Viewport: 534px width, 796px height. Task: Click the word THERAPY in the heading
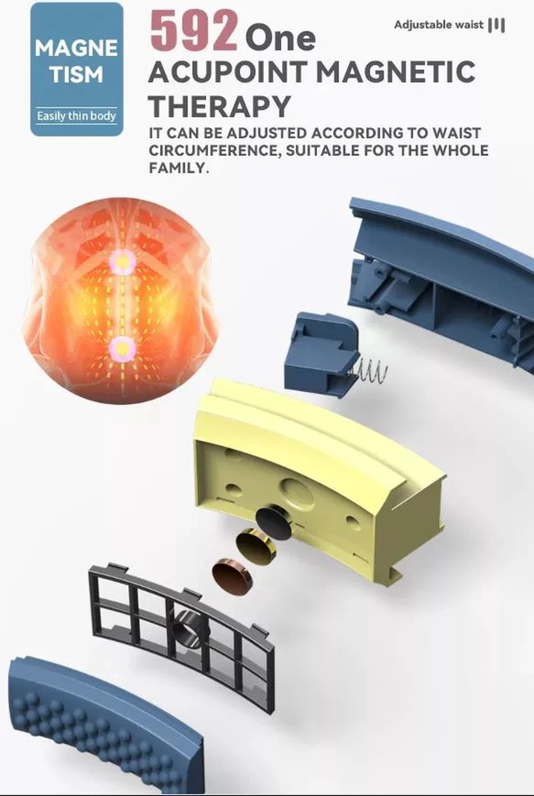(219, 105)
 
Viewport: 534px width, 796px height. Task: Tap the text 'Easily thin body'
(77, 116)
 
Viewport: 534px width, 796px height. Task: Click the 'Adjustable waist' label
(438, 25)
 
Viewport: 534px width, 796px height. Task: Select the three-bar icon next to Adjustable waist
(497, 25)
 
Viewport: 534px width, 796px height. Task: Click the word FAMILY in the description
(178, 167)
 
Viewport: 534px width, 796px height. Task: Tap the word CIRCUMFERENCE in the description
(215, 151)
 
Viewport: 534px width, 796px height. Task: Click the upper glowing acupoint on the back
(123, 263)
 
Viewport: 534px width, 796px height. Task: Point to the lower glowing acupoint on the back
(123, 346)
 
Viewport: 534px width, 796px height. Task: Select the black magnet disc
(274, 522)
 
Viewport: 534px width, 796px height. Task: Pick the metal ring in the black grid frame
(190, 631)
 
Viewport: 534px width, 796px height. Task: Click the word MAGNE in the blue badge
(76, 48)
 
